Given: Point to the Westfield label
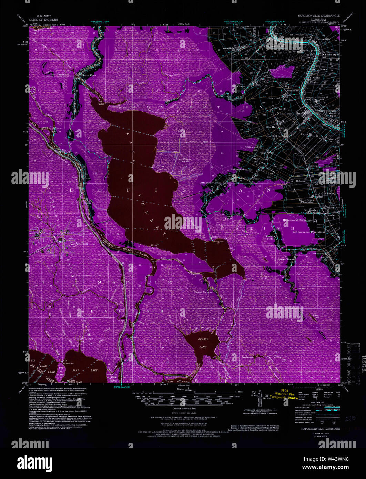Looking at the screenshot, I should (228, 48).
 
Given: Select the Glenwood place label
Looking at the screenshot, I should (274, 98).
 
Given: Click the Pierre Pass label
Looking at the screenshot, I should (88, 74).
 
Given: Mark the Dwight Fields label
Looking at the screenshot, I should (271, 238).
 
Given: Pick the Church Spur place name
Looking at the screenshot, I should (331, 54).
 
